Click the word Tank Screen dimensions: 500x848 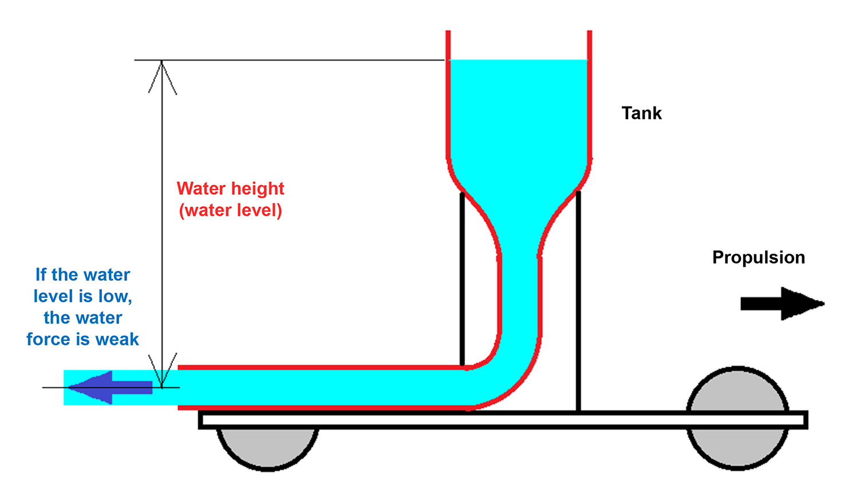[641, 113]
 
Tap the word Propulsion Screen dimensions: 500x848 [758, 258]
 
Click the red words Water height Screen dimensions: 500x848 [230, 188]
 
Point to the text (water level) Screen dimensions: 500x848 [230, 210]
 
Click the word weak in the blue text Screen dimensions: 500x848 [117, 340]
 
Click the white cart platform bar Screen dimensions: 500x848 [504, 420]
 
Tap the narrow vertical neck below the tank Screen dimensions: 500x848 [520, 286]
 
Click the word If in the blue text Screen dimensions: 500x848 [41, 275]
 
